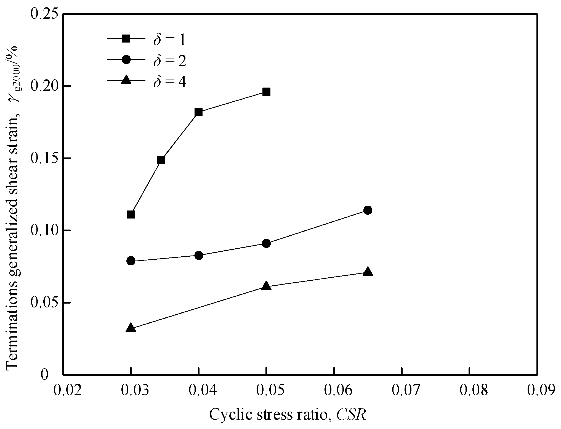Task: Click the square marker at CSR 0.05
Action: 266,92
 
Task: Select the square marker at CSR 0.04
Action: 198,112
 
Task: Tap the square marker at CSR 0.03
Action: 131,215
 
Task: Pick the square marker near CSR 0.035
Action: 161,160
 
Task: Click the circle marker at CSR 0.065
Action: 368,210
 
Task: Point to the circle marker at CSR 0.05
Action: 266,243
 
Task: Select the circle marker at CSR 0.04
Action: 198,255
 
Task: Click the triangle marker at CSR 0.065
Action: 368,272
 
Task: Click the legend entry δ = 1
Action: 169,40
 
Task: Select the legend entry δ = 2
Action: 169,61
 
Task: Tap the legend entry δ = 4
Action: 169,82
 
